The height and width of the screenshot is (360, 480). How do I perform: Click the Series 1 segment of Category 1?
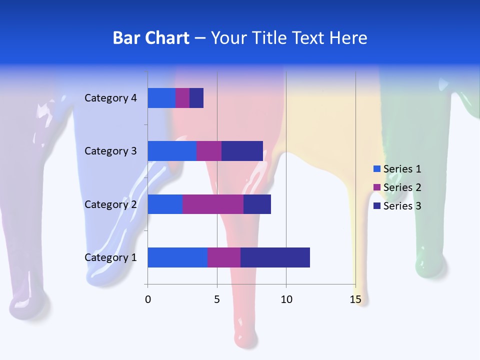(177, 257)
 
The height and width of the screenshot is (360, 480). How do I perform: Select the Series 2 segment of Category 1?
(224, 257)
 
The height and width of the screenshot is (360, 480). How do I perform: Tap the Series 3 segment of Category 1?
(275, 257)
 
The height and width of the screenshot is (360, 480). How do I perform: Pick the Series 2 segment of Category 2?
(213, 204)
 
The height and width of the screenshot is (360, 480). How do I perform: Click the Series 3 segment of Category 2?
(257, 204)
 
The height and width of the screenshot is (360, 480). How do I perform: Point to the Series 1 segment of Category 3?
(172, 151)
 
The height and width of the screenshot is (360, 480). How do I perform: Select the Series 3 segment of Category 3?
(242, 151)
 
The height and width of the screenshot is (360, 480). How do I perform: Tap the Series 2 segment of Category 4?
(182, 98)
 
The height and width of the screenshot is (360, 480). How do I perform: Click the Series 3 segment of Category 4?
(196, 98)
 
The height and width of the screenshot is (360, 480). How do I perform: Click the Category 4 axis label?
(110, 98)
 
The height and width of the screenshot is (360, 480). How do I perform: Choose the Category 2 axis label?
(110, 204)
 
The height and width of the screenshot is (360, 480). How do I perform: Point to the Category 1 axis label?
(110, 257)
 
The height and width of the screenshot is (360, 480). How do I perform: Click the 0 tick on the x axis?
(147, 299)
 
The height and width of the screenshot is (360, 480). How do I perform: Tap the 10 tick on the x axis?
(286, 299)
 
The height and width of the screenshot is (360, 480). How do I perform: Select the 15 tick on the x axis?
(355, 299)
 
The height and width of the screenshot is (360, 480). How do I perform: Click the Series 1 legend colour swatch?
(377, 169)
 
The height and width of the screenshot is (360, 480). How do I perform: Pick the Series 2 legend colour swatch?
(377, 187)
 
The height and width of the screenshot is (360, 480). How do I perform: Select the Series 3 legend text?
(402, 206)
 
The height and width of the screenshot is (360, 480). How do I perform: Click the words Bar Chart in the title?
(151, 38)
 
